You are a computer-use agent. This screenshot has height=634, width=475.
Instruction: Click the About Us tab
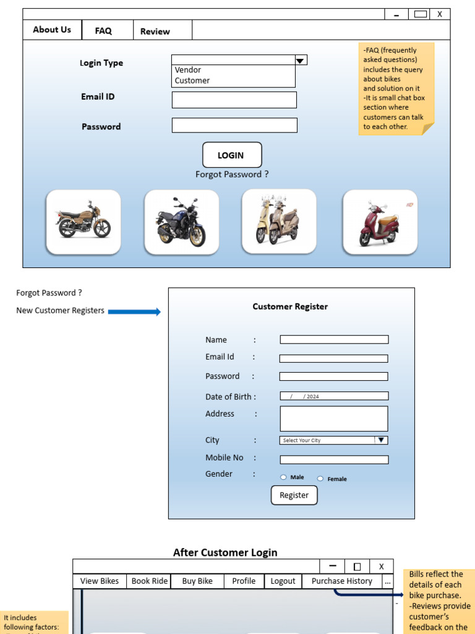[52, 30]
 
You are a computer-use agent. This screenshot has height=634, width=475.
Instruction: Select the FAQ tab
[103, 31]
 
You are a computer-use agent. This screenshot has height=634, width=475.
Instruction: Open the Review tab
[155, 32]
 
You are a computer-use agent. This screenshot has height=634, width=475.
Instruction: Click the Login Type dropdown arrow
[301, 60]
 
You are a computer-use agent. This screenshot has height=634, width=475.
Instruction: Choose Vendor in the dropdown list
[188, 70]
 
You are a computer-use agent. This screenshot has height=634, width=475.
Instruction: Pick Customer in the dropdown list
[192, 80]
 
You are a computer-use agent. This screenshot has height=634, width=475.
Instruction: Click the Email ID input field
[234, 100]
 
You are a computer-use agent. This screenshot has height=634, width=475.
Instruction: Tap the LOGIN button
[231, 155]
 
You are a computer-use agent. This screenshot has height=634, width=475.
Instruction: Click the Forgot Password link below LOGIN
[232, 175]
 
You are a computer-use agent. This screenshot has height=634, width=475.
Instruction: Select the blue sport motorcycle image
[181, 222]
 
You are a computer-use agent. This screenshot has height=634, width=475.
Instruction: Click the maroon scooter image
[380, 222]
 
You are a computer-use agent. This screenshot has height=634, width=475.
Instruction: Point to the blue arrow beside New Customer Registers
[134, 311]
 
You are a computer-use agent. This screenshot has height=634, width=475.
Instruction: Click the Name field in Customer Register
[334, 339]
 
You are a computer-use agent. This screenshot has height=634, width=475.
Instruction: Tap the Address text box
[334, 419]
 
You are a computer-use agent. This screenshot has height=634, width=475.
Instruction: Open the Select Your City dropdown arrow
[382, 440]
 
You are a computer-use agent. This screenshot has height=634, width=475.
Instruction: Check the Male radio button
[283, 477]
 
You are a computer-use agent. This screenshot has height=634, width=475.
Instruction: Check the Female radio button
[320, 479]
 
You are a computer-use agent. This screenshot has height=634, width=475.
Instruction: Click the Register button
[294, 495]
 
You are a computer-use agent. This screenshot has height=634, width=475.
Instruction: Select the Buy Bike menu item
[197, 581]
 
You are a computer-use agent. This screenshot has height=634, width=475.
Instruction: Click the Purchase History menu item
[341, 581]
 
